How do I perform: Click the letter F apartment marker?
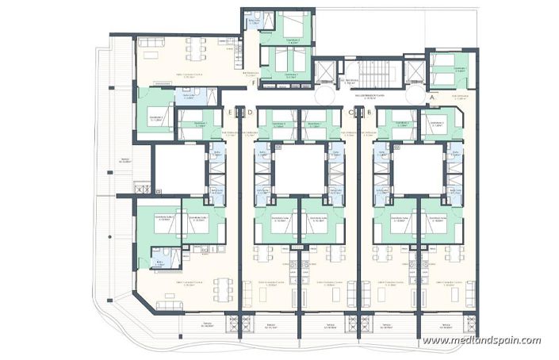click(253, 82)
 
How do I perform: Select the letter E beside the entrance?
click(228, 113)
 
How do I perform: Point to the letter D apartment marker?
click(250, 113)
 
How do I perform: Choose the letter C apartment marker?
click(349, 113)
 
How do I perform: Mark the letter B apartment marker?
click(369, 113)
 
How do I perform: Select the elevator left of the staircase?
click(325, 71)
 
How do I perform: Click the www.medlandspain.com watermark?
click(481, 340)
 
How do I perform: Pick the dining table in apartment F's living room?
click(193, 49)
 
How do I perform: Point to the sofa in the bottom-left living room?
click(167, 304)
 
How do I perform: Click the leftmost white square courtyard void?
click(179, 168)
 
